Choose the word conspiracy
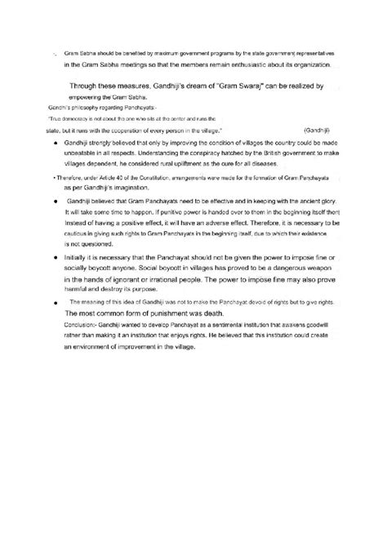point(175,153)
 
